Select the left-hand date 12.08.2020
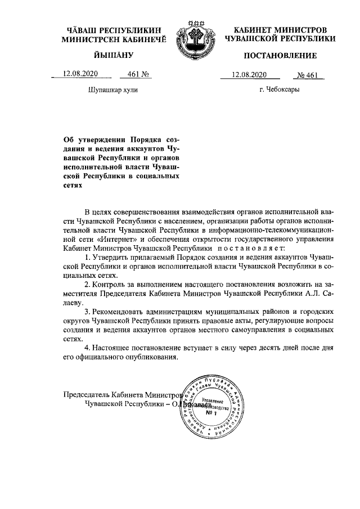tap(80, 74)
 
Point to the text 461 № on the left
tap(138, 74)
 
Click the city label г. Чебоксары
tap(279, 89)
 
